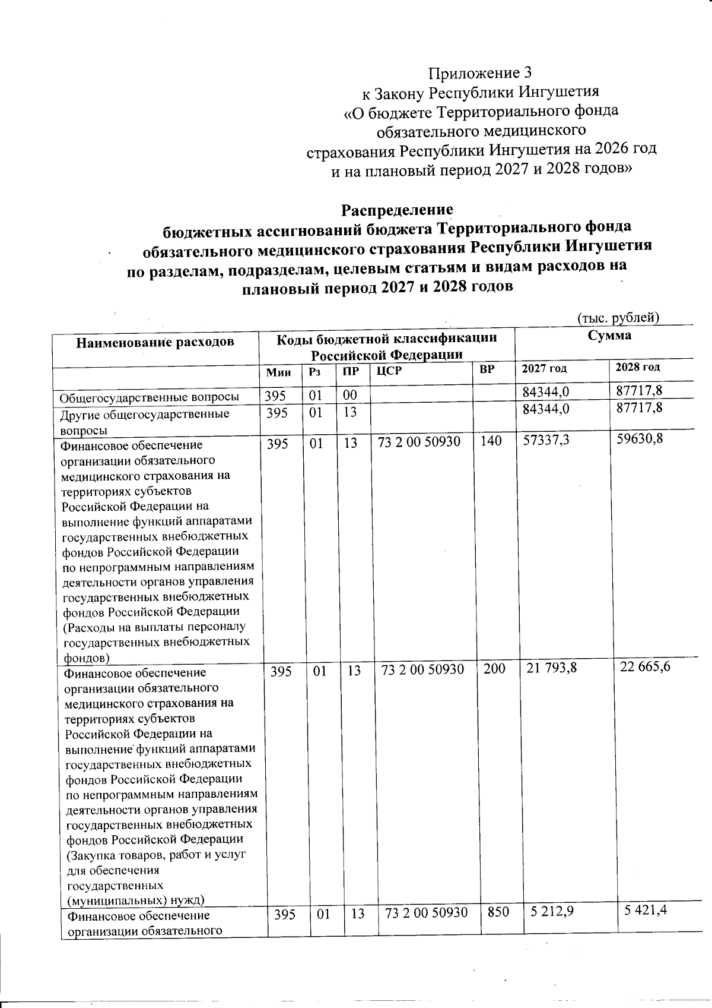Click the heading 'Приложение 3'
click(x=480, y=73)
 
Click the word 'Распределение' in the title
click(x=397, y=210)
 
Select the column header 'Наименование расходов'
click(x=155, y=342)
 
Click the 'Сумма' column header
click(x=609, y=336)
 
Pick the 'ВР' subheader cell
click(x=487, y=369)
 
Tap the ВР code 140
click(x=491, y=441)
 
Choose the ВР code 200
click(x=494, y=669)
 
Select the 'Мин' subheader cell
click(x=279, y=372)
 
